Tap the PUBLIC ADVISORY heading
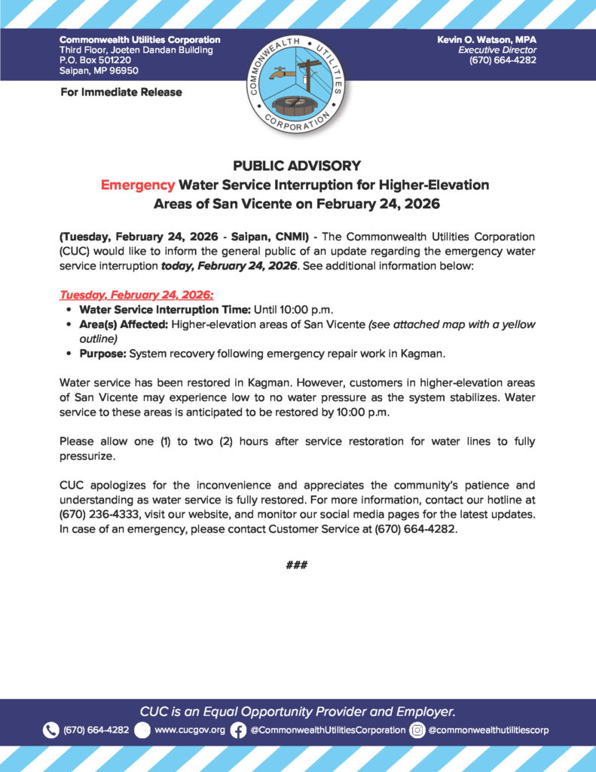coord(297,166)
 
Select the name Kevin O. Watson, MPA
coord(486,39)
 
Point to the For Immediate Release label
coord(121,92)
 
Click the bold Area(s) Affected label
coord(124,324)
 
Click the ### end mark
coord(297,565)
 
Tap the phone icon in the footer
coord(50,730)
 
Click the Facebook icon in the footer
coord(238,730)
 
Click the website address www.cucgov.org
coord(189,730)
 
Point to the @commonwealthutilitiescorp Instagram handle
coord(488,730)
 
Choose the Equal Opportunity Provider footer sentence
coord(297,711)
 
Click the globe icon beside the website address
coord(142,730)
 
